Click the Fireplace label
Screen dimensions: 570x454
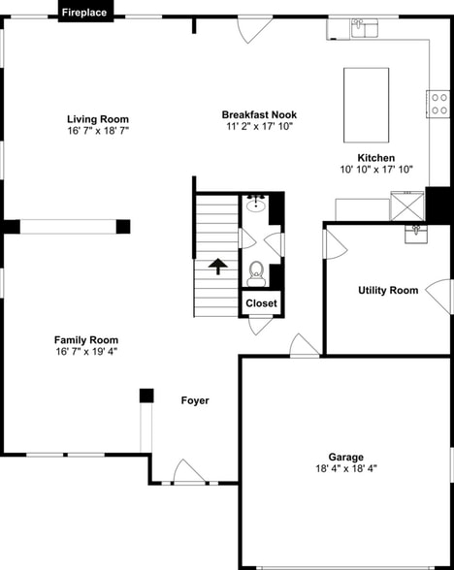pos(85,13)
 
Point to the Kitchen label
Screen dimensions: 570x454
pos(376,157)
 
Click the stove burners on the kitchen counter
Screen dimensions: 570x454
pos(438,103)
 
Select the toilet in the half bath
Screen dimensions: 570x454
pos(256,272)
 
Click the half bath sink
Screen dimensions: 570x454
pos(257,204)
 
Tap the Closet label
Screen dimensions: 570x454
pos(260,303)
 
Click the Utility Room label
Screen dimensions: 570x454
pos(388,290)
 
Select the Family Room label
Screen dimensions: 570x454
pos(86,340)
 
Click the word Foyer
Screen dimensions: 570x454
pos(195,400)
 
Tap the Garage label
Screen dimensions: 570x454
pos(345,457)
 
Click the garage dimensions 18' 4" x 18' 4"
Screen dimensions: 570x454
pos(345,468)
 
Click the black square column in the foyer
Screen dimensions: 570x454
pos(146,396)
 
